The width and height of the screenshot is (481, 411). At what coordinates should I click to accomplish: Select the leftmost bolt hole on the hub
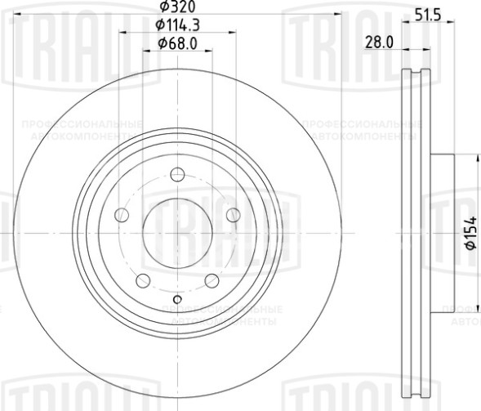tap(122, 215)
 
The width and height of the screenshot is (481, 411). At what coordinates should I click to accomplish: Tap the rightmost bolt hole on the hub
tap(233, 215)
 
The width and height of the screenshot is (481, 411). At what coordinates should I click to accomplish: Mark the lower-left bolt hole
tap(144, 280)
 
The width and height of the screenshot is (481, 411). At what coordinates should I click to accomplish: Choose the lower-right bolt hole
tap(212, 280)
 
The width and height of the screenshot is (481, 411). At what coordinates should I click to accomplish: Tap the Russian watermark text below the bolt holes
tap(221, 314)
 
